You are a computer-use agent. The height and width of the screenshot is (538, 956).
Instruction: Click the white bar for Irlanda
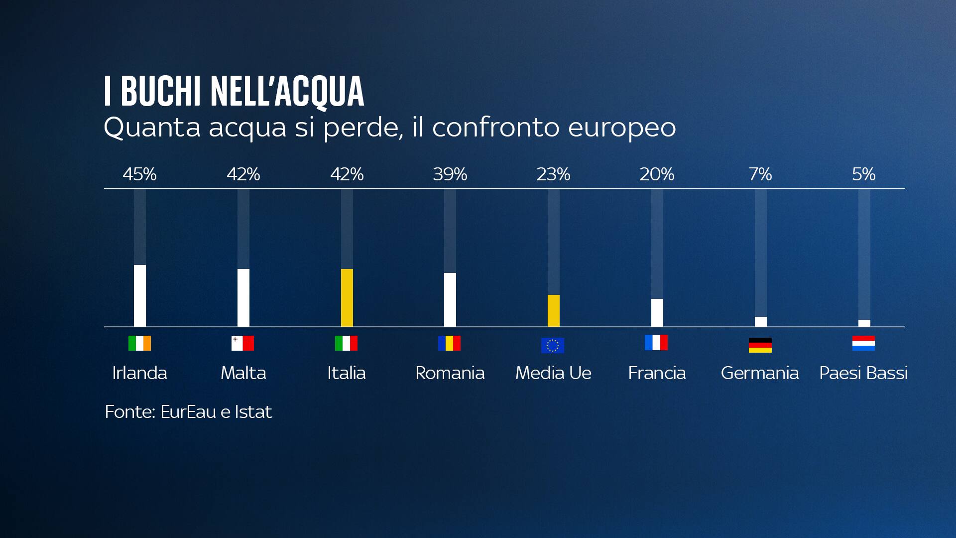coord(140,295)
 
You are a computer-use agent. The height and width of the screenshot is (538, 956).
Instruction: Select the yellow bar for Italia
coord(347,297)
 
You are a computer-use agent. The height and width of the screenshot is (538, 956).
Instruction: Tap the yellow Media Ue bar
coord(554,310)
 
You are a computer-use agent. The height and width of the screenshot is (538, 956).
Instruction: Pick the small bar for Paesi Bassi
coord(864,323)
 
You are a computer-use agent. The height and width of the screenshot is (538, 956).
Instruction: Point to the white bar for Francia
coord(657,312)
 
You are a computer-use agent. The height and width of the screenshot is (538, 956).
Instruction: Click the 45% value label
coord(140,174)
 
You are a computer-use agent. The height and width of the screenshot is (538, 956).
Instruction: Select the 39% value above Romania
coord(450,174)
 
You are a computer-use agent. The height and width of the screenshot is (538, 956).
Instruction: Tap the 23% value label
coord(554,174)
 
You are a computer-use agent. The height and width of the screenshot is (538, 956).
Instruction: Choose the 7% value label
coord(760,174)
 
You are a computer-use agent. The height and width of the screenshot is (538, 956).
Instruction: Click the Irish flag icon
coord(140,343)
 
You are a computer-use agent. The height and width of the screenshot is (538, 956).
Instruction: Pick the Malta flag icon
coord(243,343)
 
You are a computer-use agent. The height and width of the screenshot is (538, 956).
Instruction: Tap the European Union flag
coord(553,345)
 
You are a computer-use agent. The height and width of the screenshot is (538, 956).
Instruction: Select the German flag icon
coord(760,345)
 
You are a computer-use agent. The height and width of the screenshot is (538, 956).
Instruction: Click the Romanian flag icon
coord(450,343)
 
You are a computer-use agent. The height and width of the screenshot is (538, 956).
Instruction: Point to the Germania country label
coord(760,373)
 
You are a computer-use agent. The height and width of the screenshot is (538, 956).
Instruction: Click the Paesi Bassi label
coord(863,373)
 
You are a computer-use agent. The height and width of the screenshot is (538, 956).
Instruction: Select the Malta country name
coord(243,373)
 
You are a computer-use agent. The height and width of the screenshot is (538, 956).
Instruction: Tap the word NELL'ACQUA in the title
coord(287,92)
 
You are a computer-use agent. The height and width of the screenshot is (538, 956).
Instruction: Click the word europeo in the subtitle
coord(622,128)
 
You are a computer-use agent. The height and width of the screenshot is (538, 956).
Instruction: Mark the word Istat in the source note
coord(253,412)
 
